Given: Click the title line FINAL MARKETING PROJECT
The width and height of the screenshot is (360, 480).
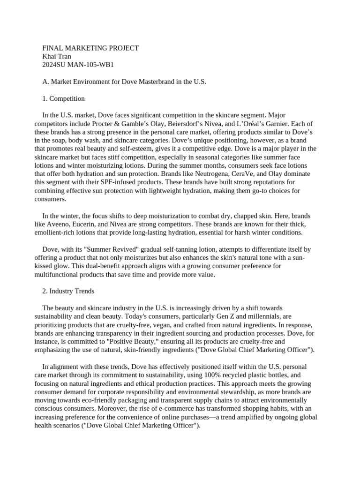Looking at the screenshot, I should tap(90, 48).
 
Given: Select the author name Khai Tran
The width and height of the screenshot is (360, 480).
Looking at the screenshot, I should tap(57, 56).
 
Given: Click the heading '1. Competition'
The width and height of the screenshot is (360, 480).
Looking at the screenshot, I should tap(64, 98).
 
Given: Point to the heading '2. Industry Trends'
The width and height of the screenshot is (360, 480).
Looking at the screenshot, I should tap(68, 291).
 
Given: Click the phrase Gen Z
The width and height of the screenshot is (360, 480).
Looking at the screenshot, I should tap(224, 316).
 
